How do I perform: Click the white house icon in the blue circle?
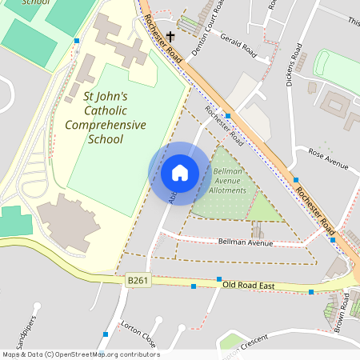pyautogui.click(x=180, y=172)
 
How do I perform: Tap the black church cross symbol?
pyautogui.click(x=170, y=37)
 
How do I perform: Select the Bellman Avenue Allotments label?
pyautogui.click(x=227, y=182)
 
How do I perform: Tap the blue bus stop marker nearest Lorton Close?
pyautogui.click(x=106, y=334)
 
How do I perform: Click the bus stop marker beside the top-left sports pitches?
pyautogui.click(x=77, y=40)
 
